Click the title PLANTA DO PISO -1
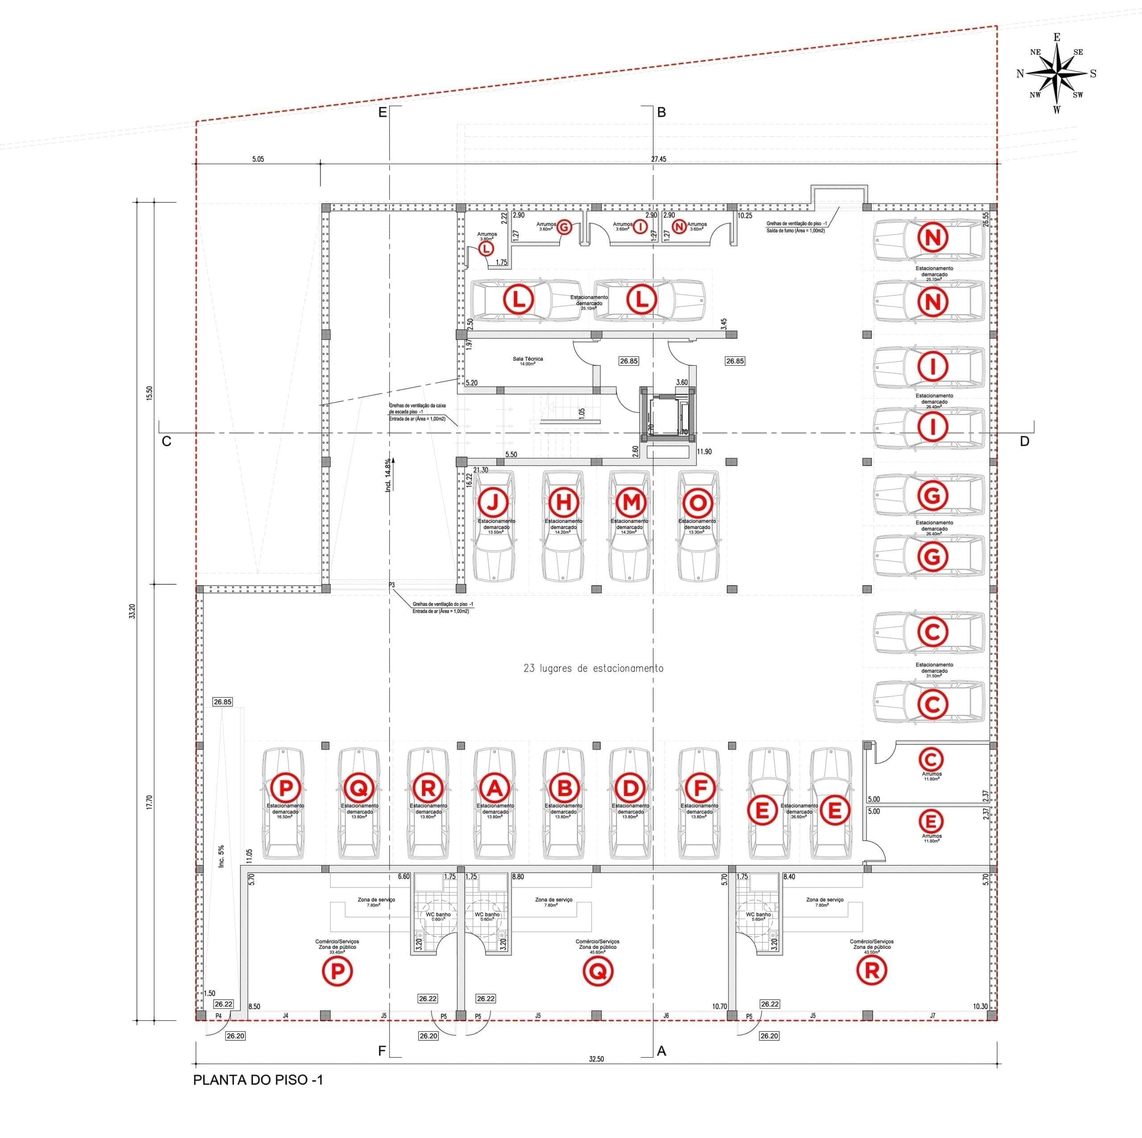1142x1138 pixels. point(258,1080)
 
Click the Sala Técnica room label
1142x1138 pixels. point(528,360)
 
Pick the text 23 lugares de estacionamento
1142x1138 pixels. point(593,668)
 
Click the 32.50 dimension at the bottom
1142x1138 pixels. point(596,1058)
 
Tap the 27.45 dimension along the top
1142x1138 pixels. point(658,159)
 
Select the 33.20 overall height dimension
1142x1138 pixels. point(132,610)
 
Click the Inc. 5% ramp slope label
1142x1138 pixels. point(222,856)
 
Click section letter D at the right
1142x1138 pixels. point(1024,441)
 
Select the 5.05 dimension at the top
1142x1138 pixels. point(258,159)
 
